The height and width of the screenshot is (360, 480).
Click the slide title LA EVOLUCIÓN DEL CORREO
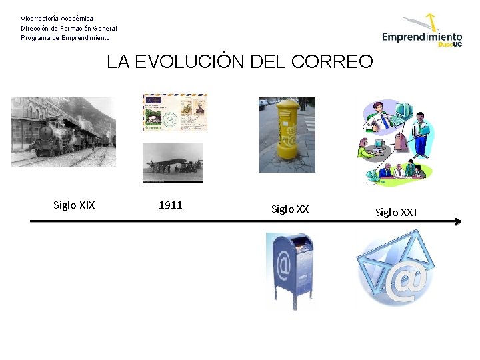coord(240,62)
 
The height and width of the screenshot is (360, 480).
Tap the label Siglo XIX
coord(74,205)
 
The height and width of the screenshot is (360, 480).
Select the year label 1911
coord(171,205)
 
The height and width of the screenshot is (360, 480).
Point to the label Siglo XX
coord(290,209)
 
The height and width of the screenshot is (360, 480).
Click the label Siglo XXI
coord(396,213)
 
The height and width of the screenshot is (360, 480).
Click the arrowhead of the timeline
coord(457,221)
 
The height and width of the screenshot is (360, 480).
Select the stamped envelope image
coord(175,112)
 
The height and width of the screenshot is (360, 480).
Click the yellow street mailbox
coord(288,130)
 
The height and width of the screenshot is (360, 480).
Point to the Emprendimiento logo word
coord(421,37)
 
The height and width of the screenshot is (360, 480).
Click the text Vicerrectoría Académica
coord(57,19)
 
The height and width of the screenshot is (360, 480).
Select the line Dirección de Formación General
coord(69,29)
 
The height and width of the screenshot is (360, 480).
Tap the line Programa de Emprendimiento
coord(65,38)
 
